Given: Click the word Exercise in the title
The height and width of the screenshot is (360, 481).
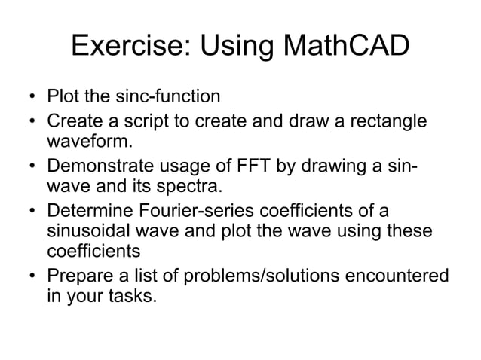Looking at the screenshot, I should pyautogui.click(x=128, y=47).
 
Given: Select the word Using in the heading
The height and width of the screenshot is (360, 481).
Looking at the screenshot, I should pyautogui.click(x=233, y=47).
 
